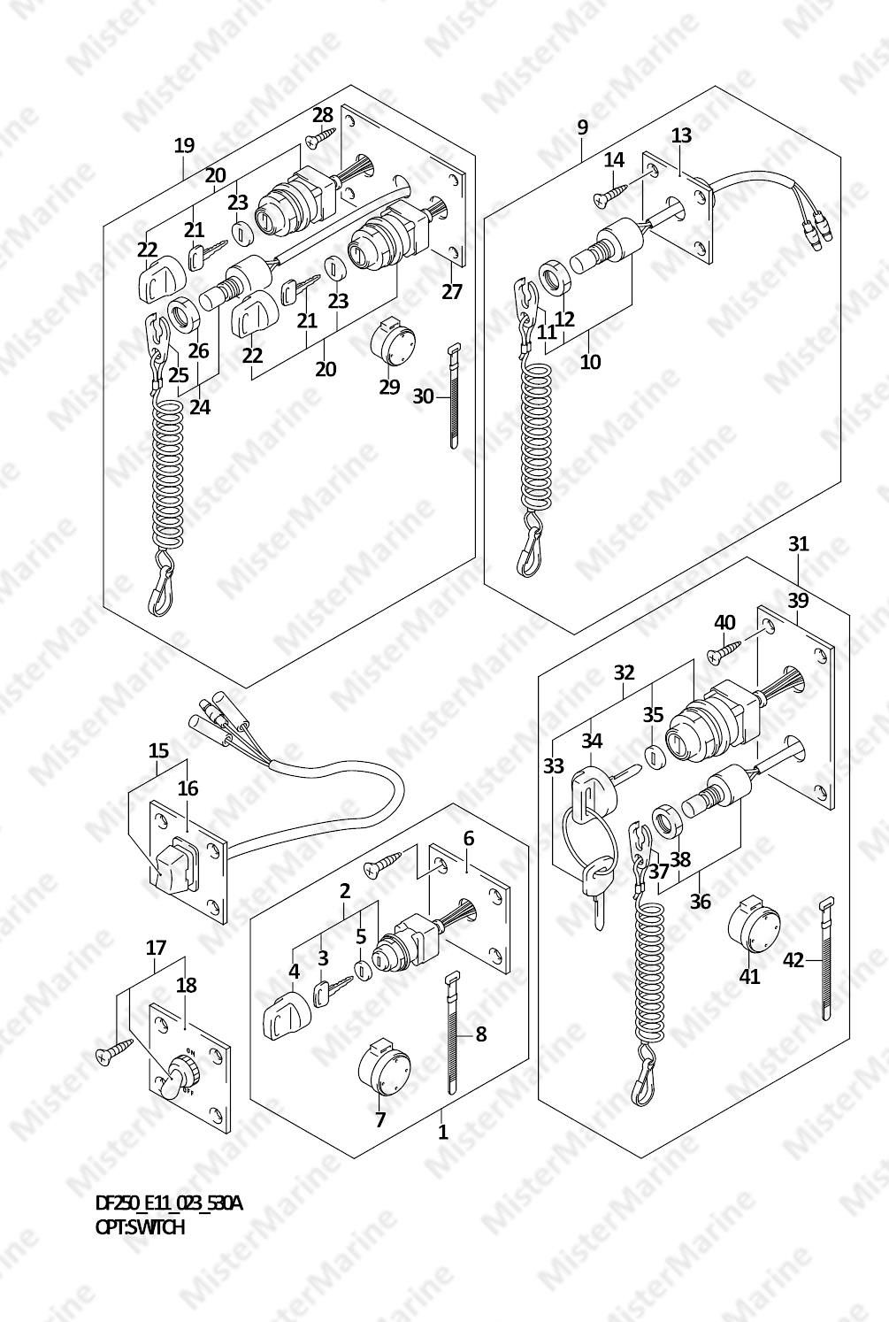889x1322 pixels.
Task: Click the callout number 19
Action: (x=183, y=146)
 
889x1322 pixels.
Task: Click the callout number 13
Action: (x=681, y=136)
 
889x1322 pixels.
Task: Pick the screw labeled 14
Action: (x=616, y=193)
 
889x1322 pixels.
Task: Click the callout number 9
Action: (x=582, y=127)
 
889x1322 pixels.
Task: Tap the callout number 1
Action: (x=443, y=1132)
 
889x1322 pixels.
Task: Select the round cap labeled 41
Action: (x=754, y=925)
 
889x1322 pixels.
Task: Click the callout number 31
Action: (x=798, y=544)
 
